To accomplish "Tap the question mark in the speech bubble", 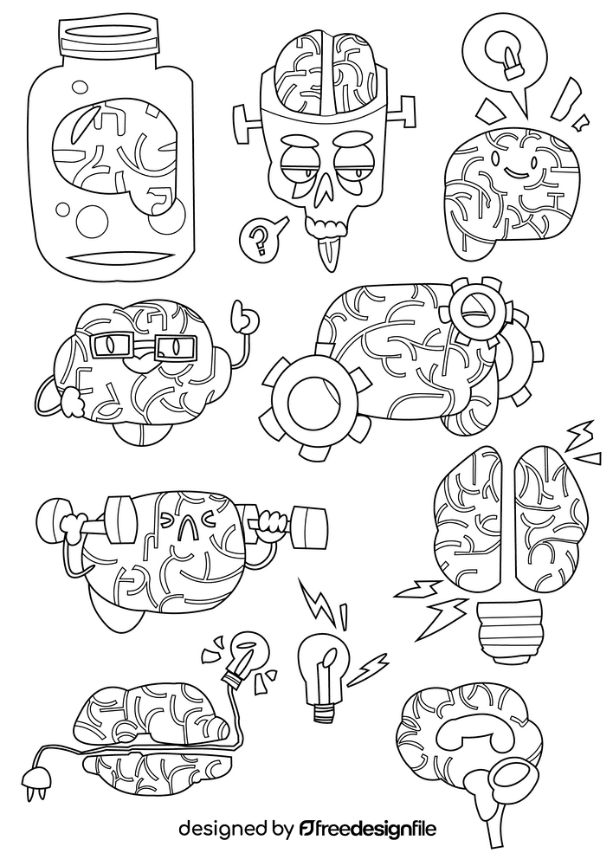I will pos(257,238).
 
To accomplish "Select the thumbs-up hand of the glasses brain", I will pos(245,319).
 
